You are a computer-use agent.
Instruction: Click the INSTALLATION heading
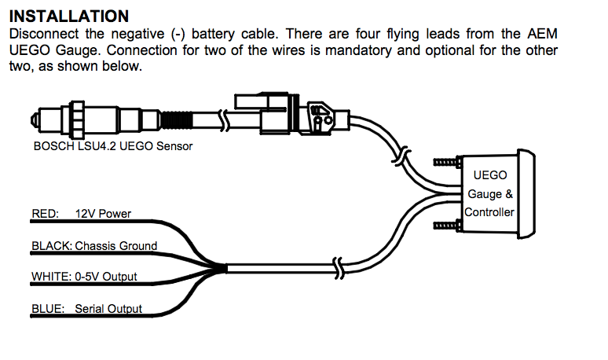tap(68, 16)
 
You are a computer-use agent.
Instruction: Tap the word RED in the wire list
tap(45, 213)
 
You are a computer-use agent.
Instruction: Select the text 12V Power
tap(103, 213)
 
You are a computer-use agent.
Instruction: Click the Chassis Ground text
tap(116, 245)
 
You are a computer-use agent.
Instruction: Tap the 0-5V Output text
tap(106, 277)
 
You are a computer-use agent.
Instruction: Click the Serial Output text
tap(108, 309)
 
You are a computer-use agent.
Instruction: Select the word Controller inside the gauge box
tap(489, 212)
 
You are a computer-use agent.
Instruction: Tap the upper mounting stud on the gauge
tap(445, 163)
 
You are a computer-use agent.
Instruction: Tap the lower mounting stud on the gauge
tap(445, 226)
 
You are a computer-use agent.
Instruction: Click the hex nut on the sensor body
tap(78, 120)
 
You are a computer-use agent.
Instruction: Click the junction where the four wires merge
tap(225, 269)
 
